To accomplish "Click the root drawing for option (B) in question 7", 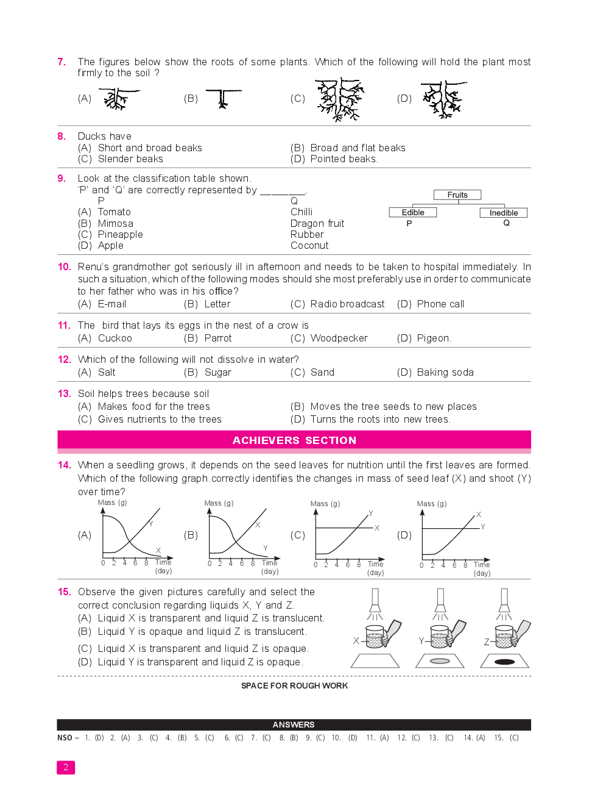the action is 223,99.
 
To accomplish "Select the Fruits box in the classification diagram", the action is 457,195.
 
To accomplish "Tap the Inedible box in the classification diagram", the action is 504,213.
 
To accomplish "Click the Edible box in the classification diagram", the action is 412,212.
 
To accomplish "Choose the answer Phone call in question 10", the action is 440,304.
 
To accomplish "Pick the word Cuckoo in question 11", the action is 115,338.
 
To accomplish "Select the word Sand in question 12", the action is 322,372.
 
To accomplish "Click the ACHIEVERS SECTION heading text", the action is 294,440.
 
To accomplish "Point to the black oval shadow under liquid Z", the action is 504,662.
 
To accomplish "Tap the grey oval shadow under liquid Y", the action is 440,661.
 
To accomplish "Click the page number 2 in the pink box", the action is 66,767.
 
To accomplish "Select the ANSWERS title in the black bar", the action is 294,724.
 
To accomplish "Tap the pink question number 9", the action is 62,179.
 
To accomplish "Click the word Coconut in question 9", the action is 309,245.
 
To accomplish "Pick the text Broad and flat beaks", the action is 358,148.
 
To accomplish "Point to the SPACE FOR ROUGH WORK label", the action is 294,686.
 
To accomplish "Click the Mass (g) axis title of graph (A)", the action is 113,503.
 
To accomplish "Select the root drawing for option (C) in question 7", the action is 340,99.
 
